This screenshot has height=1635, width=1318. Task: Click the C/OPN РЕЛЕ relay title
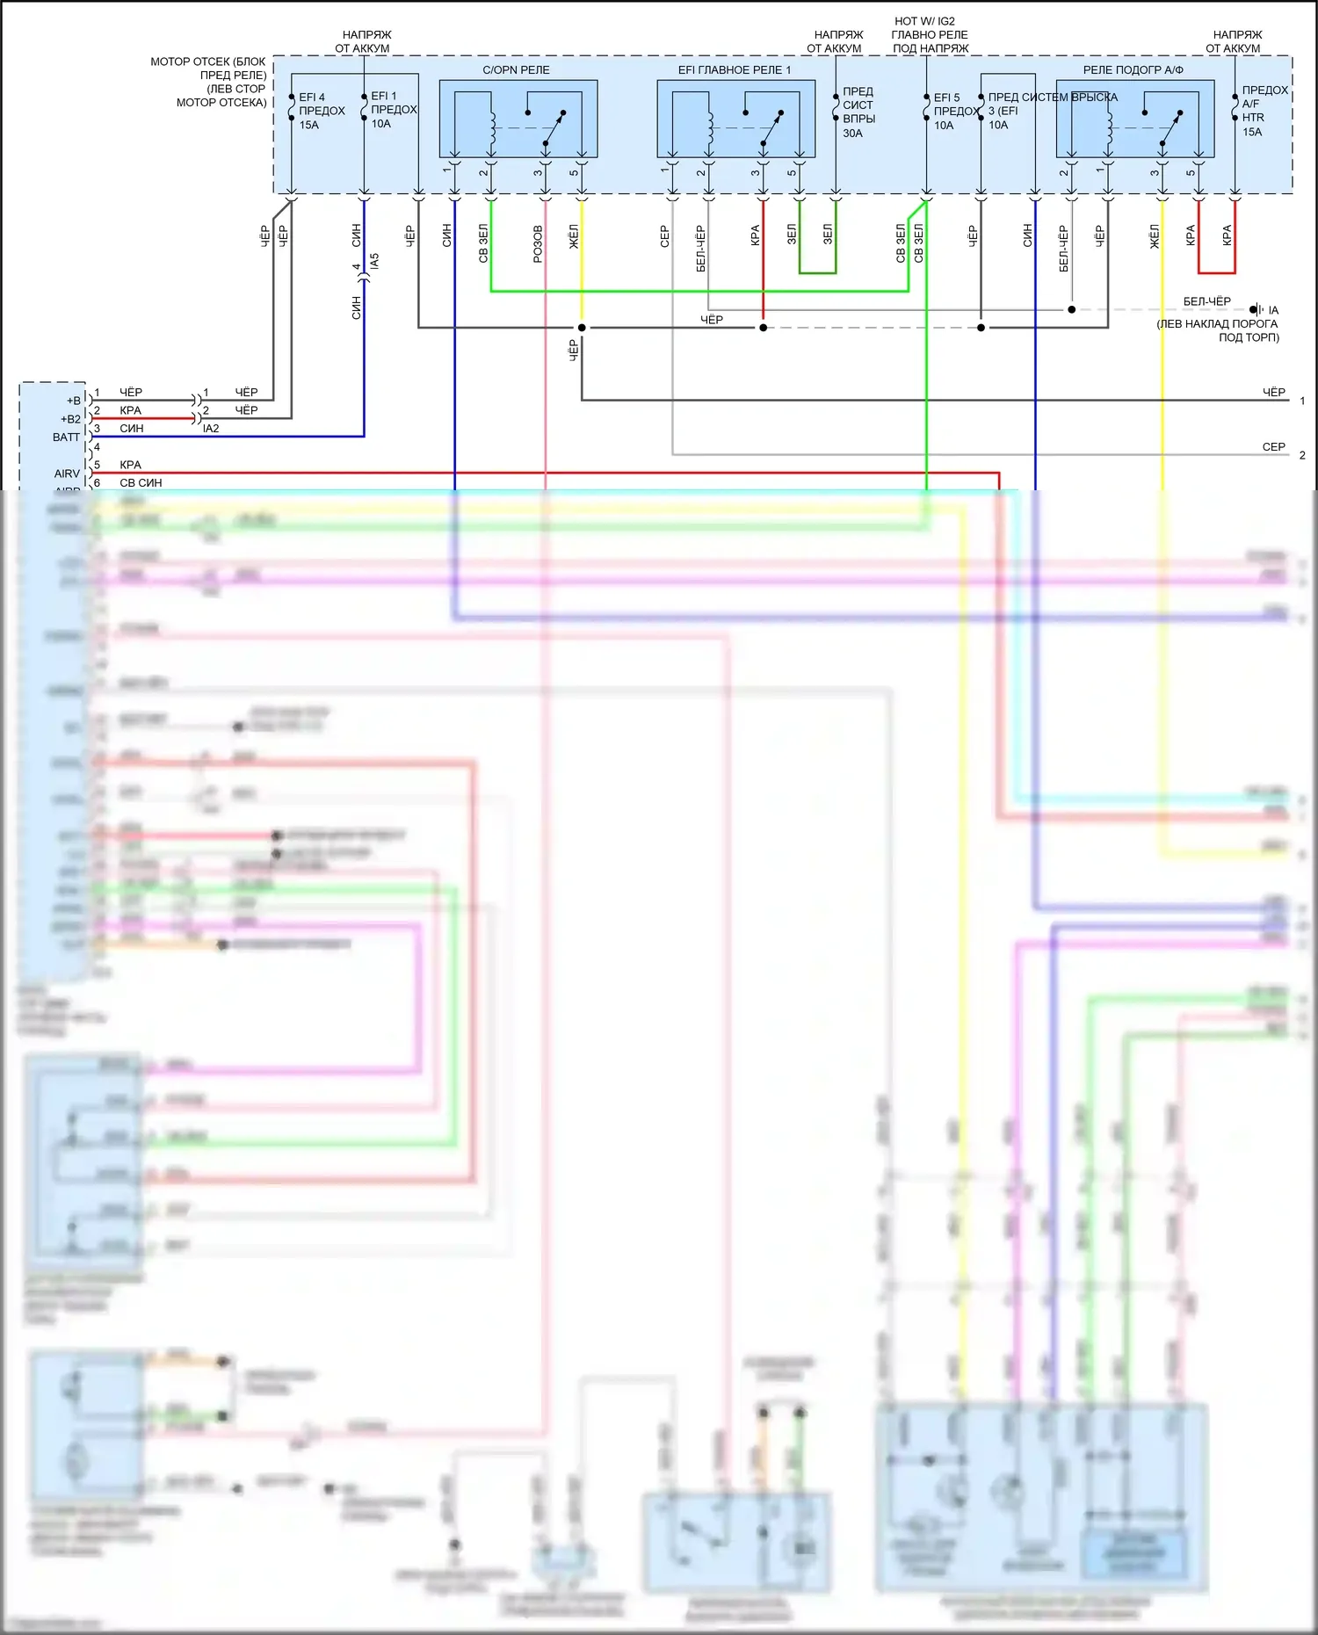click(x=516, y=69)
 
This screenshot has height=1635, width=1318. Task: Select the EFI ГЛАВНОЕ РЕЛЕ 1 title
click(x=734, y=69)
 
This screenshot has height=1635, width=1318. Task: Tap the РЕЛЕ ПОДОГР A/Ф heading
click(x=1133, y=69)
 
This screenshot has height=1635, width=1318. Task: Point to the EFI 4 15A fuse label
click(x=321, y=111)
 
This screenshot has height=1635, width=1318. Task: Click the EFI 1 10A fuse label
click(x=393, y=110)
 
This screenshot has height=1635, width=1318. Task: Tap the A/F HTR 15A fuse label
click(x=1264, y=111)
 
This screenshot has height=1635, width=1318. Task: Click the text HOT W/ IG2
click(x=924, y=21)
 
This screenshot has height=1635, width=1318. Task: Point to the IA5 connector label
click(x=375, y=262)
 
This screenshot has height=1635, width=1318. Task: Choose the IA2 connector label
click(x=211, y=429)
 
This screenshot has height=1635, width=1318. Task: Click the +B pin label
click(x=73, y=401)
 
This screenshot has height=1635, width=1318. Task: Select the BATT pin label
click(x=66, y=437)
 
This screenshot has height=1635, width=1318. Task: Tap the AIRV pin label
click(x=67, y=474)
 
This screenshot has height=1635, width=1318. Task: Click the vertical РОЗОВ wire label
click(x=538, y=244)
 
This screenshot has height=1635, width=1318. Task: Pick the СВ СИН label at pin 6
click(x=141, y=482)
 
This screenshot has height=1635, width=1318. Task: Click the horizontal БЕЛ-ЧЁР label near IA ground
click(x=1206, y=301)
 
